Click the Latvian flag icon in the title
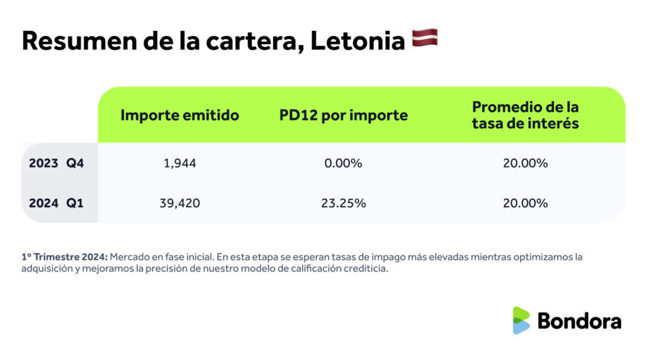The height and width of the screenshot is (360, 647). click(x=425, y=39)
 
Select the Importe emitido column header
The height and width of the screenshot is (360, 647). click(x=179, y=116)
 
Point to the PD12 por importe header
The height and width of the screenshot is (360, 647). click(x=343, y=116)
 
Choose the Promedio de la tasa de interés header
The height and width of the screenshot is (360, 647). click(x=525, y=115)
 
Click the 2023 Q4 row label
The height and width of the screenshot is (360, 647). click(x=56, y=163)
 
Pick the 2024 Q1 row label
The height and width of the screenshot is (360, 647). click(x=56, y=203)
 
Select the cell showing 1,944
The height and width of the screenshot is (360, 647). click(x=179, y=163)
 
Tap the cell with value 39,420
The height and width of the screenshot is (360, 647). click(x=179, y=203)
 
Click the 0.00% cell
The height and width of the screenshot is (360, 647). click(x=344, y=163)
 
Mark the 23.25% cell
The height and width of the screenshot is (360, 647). click(x=344, y=203)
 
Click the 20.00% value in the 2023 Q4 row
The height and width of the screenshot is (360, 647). click(x=526, y=163)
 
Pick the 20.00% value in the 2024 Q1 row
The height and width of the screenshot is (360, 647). click(x=526, y=203)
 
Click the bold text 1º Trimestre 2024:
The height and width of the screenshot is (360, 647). click(x=64, y=257)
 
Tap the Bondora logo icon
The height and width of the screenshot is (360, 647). click(x=521, y=320)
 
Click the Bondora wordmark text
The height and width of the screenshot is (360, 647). click(x=579, y=321)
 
